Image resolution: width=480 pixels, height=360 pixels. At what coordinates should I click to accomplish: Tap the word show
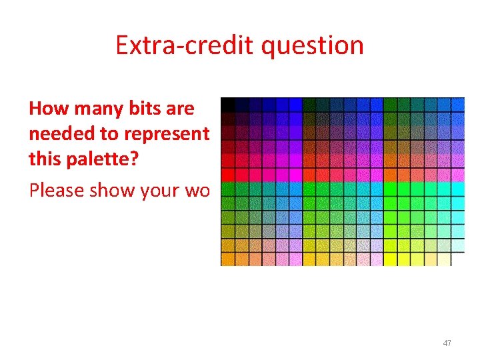click(x=114, y=191)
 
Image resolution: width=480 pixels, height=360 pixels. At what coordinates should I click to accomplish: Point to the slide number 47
click(x=447, y=343)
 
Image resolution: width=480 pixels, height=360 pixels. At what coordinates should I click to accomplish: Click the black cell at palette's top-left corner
click(x=227, y=104)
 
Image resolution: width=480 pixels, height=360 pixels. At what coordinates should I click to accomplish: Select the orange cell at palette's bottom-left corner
click(x=227, y=259)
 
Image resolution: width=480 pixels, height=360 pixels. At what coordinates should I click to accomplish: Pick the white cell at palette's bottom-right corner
click(x=457, y=259)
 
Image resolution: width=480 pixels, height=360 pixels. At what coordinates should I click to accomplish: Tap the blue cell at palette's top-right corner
click(x=457, y=105)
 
